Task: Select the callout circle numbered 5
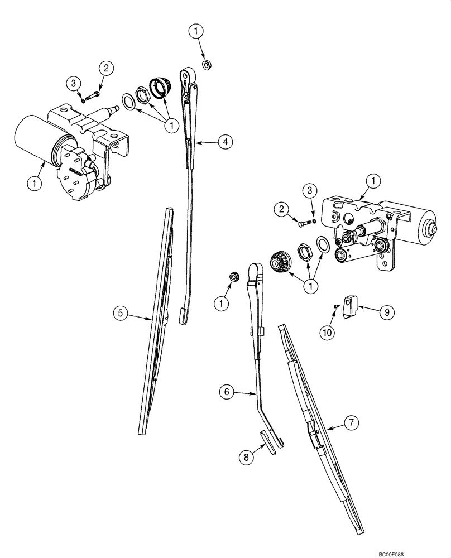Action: [x=118, y=313]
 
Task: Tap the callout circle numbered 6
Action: [x=226, y=392]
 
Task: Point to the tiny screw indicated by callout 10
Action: [x=335, y=306]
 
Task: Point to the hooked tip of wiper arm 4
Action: [x=183, y=316]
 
